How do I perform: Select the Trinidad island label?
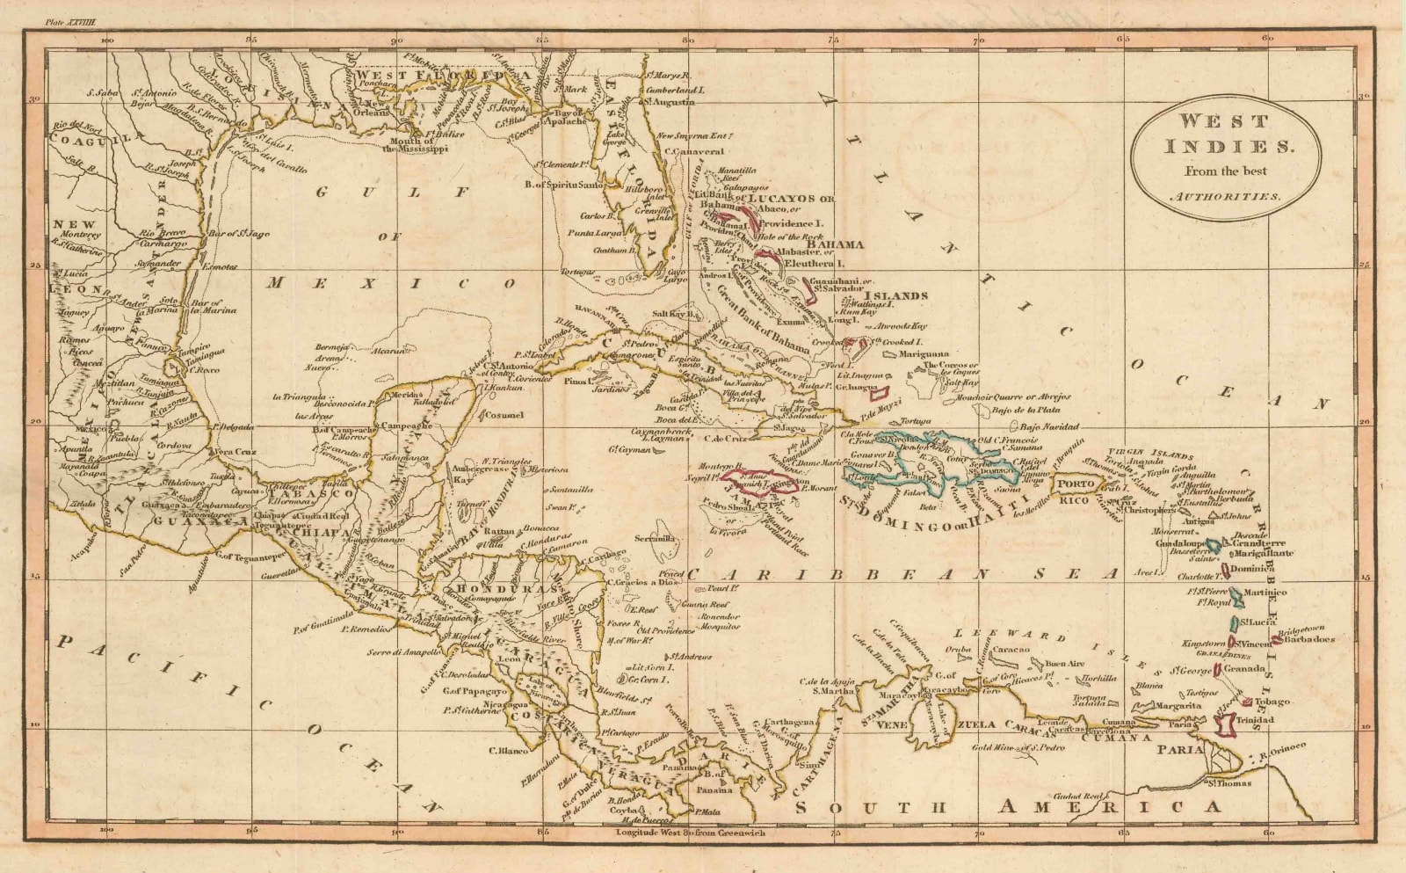[x=1254, y=720]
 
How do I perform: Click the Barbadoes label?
[x=1308, y=639]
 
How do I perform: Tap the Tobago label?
[x=1272, y=702]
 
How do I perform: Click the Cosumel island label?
[x=504, y=415]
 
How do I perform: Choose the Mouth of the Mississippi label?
[x=416, y=144]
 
